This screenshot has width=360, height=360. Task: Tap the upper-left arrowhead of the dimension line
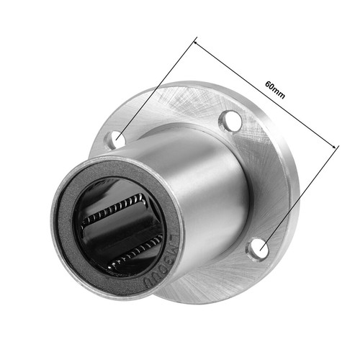[196, 41]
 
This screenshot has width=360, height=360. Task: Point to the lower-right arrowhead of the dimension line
[336, 147]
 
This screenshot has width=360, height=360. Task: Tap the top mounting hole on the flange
[230, 120]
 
